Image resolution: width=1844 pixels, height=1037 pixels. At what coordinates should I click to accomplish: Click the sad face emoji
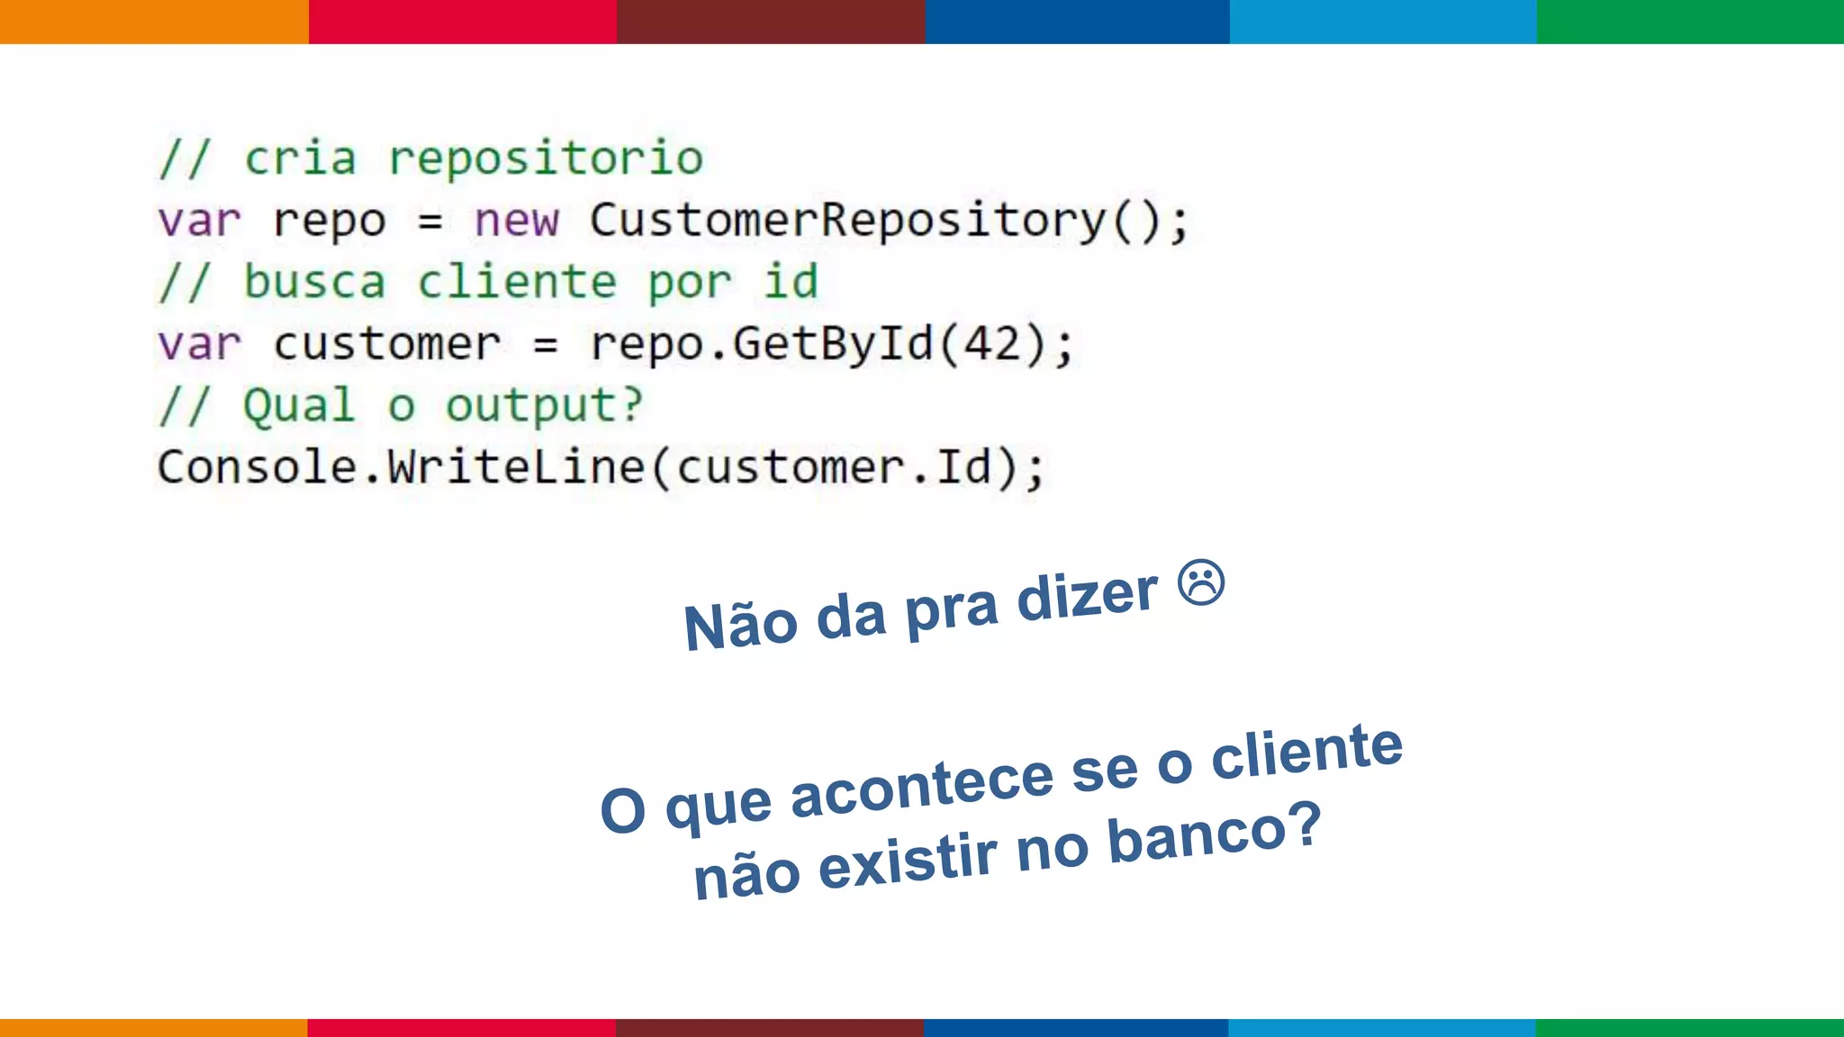pos(1201,582)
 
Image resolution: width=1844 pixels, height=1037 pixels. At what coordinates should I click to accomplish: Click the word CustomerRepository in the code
pos(847,221)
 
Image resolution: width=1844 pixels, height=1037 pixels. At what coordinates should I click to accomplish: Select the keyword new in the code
pos(516,221)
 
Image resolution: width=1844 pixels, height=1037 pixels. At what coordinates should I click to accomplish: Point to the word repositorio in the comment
pos(546,159)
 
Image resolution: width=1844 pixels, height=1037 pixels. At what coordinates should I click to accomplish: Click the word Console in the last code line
pos(257,467)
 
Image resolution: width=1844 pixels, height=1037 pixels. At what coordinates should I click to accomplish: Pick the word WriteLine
pos(516,467)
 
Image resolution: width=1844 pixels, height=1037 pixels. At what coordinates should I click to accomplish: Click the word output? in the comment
pos(545,406)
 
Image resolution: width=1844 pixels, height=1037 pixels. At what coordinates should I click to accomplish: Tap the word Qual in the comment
pos(299,406)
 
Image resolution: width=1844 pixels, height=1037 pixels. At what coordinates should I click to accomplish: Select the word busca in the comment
pos(314,283)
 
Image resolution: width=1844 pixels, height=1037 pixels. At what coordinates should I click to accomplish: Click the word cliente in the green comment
pos(517,283)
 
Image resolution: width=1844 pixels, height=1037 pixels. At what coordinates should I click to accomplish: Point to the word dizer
pos(1087,598)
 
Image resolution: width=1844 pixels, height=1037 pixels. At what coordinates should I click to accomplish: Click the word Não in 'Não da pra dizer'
pos(740,626)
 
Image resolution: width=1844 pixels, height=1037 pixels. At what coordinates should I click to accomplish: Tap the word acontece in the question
pos(921,786)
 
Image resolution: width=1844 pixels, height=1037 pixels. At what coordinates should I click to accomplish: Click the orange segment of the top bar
pos(154,22)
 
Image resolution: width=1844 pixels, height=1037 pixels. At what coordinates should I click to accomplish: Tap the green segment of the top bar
pos(1690,22)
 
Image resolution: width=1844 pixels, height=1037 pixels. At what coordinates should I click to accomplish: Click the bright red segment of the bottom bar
pos(461,1027)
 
